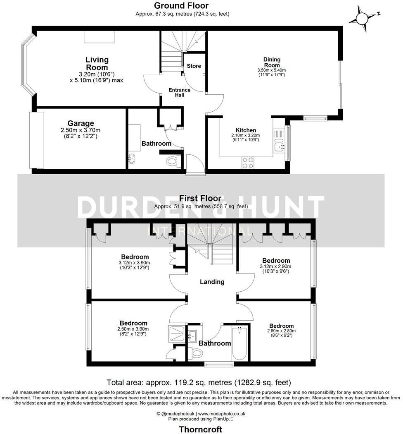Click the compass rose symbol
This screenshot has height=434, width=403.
[362, 19]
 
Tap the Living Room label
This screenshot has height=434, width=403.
[97, 64]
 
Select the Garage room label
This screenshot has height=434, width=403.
[81, 123]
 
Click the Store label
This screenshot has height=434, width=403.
[194, 66]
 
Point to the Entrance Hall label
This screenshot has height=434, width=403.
[180, 93]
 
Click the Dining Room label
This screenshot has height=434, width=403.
[272, 62]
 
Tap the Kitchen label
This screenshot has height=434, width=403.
[246, 130]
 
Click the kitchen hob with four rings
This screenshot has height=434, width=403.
[248, 163]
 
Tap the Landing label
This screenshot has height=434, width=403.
[212, 282]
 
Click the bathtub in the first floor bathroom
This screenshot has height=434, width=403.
[239, 343]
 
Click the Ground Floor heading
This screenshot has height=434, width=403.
[181, 5]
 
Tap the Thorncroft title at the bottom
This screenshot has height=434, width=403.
[200, 429]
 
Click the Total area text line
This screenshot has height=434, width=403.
[199, 382]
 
